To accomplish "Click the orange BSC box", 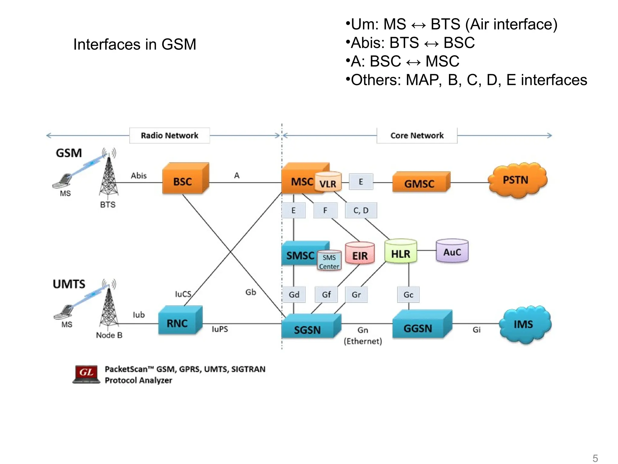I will (x=183, y=181).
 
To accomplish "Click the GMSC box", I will (x=419, y=183).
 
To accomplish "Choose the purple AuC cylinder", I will (x=452, y=251).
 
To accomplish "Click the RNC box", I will (x=178, y=323).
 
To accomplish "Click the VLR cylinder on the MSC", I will (x=328, y=183).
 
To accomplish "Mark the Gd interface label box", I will (x=294, y=295).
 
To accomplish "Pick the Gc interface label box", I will (x=408, y=295).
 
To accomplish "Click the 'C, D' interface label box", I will (x=361, y=210).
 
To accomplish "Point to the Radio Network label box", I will (x=170, y=135).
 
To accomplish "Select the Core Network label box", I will (x=417, y=135).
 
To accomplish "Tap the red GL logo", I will (x=87, y=373).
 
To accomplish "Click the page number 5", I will (x=595, y=458).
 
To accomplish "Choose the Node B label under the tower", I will (x=109, y=335).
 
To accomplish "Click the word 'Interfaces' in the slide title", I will (x=107, y=44).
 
